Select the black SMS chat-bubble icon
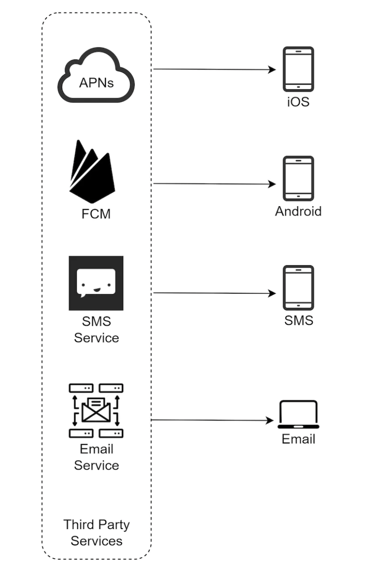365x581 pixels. click(96, 283)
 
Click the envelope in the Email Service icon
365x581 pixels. click(96, 410)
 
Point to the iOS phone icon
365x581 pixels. click(298, 69)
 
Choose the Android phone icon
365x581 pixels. click(298, 179)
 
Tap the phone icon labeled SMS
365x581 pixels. click(298, 288)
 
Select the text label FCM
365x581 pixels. click(96, 213)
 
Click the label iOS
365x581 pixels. click(298, 102)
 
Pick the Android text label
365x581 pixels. click(298, 211)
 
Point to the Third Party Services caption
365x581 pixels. click(96, 533)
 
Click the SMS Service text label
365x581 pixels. click(96, 330)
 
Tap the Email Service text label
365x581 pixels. click(96, 457)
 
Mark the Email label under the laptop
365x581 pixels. click(298, 439)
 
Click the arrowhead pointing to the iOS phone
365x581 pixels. click(272, 69)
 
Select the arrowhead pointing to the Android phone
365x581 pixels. click(272, 184)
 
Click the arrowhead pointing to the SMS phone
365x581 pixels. click(272, 294)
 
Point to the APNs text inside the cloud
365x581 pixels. click(96, 83)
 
